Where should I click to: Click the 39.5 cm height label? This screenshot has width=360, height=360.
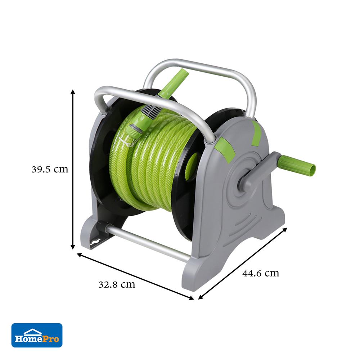click(50, 170)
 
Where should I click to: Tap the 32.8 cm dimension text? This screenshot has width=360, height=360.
click(117, 285)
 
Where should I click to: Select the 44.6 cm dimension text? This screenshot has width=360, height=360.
click(261, 273)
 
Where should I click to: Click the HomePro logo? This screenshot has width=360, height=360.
click(37, 335)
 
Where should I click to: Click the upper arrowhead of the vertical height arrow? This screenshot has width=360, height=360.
click(73, 92)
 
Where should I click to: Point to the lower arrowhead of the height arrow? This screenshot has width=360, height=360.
click(73, 247)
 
